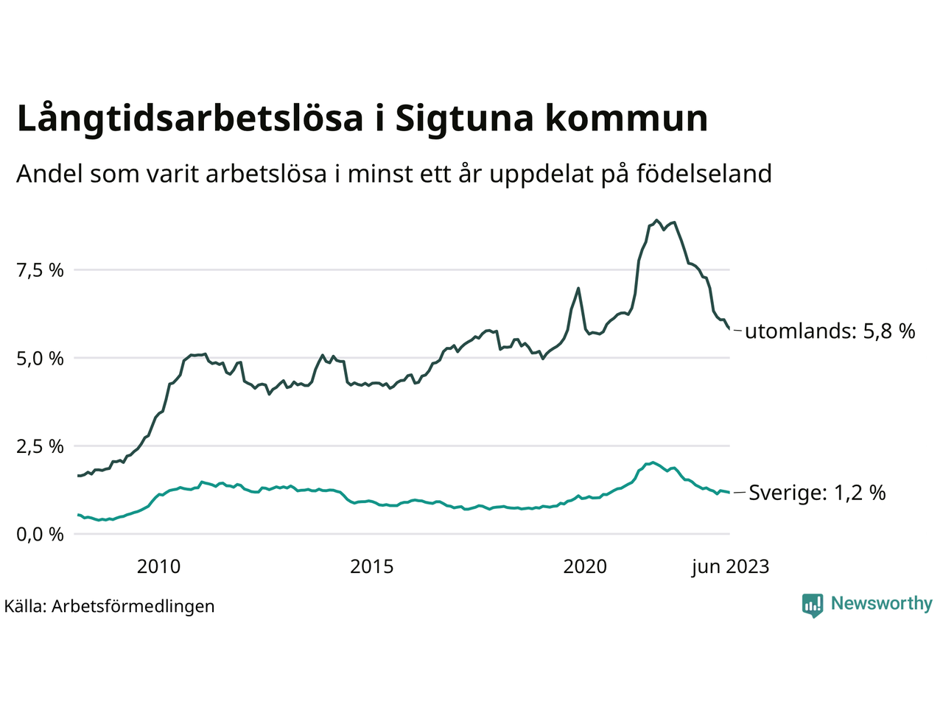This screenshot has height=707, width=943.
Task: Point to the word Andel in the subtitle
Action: tap(49, 174)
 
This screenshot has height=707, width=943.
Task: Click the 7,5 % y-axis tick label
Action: tap(41, 270)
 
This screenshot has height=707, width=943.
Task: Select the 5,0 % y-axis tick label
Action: tap(41, 359)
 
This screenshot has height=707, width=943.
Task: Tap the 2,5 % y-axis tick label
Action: tap(41, 446)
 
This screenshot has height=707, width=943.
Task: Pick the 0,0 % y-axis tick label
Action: tap(41, 534)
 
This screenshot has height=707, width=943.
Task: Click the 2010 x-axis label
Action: tap(158, 566)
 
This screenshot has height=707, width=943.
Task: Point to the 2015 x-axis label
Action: tap(371, 566)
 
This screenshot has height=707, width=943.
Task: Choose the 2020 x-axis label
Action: tap(585, 566)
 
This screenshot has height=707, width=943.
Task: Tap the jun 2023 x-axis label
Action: tap(730, 566)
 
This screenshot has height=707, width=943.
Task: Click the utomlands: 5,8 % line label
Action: tap(830, 331)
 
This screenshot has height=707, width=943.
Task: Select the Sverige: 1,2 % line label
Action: tap(817, 493)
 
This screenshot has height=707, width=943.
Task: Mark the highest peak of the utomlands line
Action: tap(657, 220)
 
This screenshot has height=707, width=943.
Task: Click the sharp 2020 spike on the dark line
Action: tap(578, 288)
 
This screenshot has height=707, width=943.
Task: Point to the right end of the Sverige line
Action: tap(729, 493)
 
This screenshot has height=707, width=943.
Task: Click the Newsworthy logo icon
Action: tap(812, 605)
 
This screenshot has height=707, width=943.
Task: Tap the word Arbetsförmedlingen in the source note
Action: tap(133, 606)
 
